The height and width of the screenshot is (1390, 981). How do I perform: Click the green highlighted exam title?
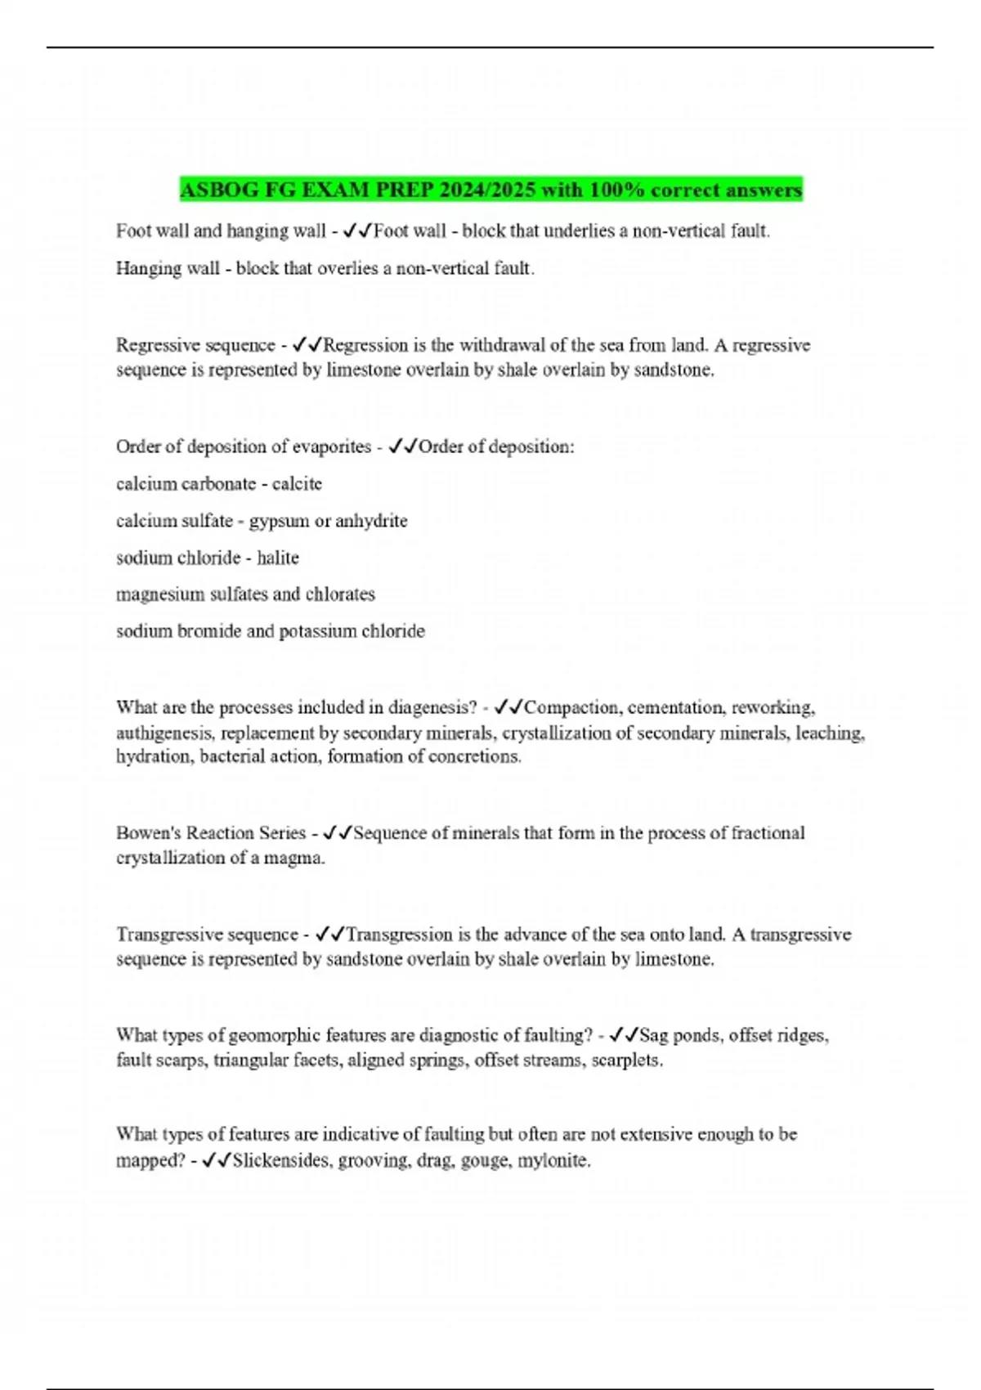(x=490, y=190)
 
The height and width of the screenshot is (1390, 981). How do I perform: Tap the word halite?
(x=278, y=558)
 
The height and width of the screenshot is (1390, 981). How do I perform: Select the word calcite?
(x=297, y=484)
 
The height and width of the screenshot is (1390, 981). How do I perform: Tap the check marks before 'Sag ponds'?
(x=624, y=1035)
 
